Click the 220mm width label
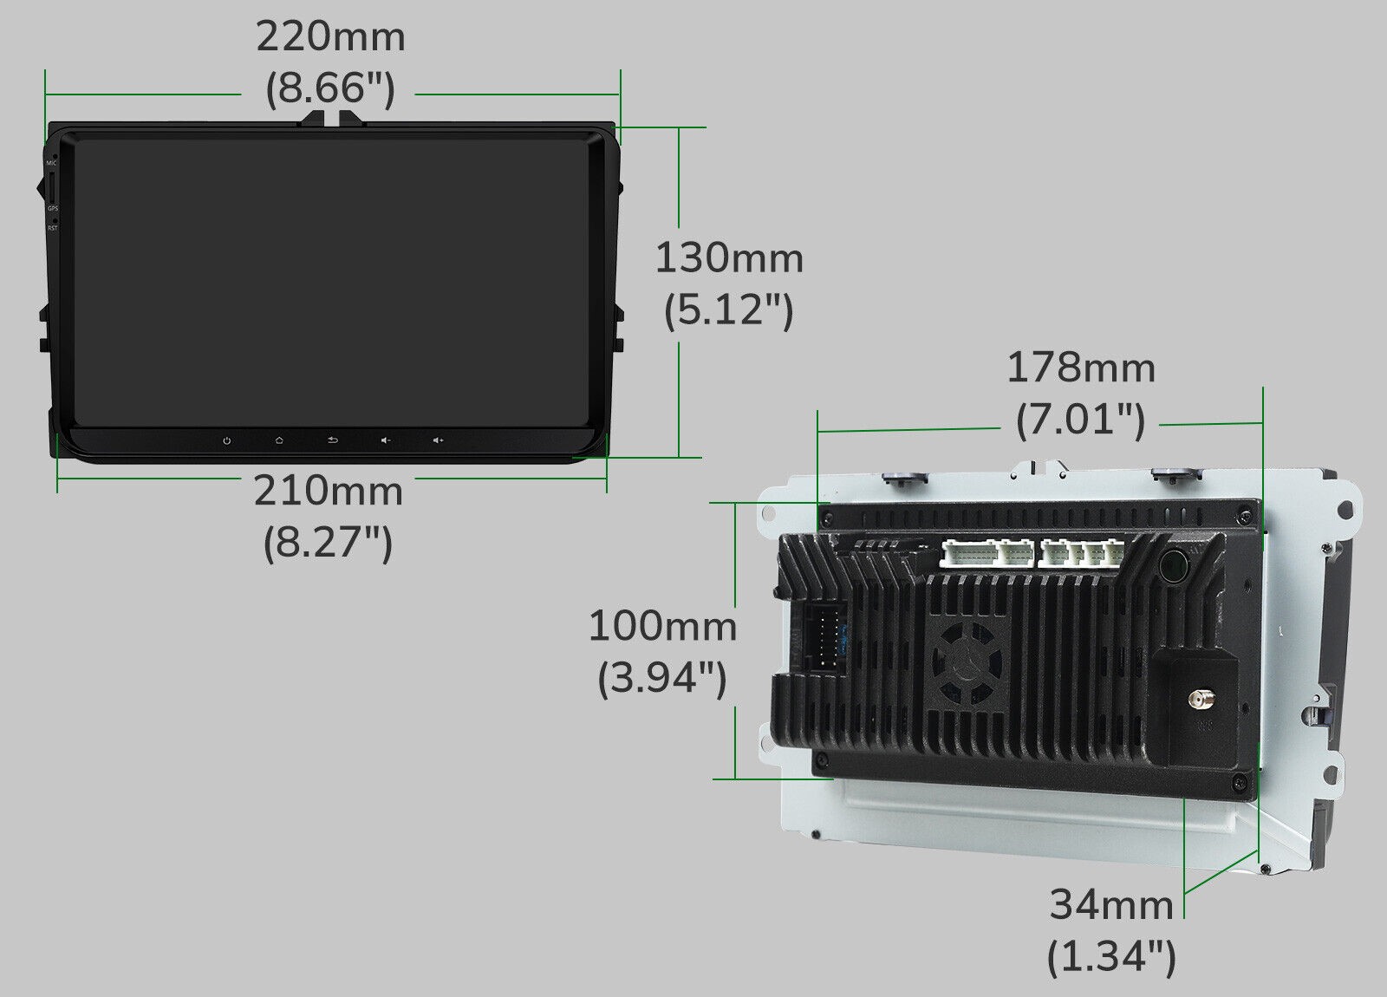[330, 37]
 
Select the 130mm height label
[729, 258]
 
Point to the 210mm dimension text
[329, 492]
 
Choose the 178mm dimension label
[1081, 368]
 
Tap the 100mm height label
[662, 625]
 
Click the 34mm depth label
[1111, 904]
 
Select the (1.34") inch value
[1111, 956]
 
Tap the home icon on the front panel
[279, 440]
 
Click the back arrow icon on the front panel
[333, 440]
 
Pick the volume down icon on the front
[386, 440]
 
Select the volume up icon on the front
[439, 440]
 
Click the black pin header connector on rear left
[824, 637]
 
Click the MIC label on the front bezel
[52, 163]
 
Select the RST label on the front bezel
[52, 228]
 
